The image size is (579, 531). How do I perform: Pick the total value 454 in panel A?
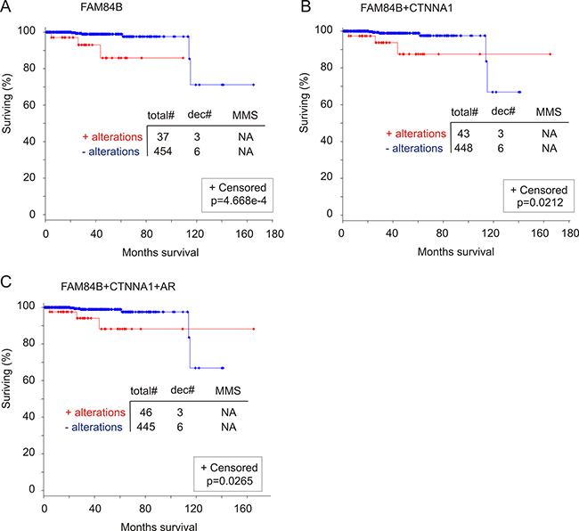[x=163, y=151]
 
